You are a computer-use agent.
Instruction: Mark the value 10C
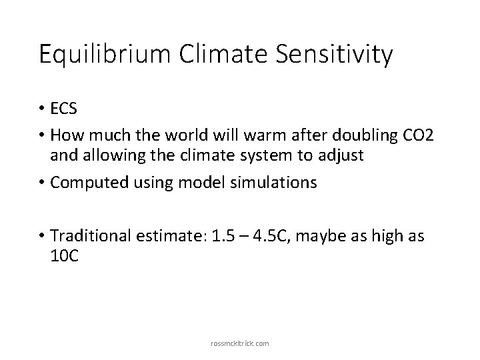tap(65, 257)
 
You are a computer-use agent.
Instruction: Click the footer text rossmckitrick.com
tap(240, 343)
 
